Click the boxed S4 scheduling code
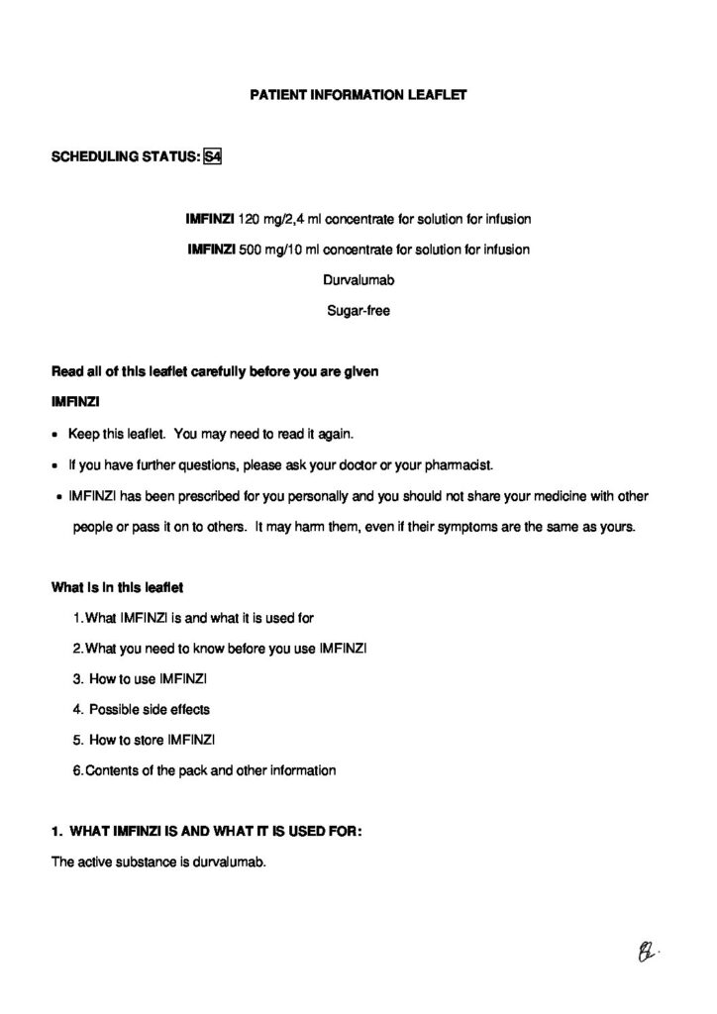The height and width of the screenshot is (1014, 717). pyautogui.click(x=211, y=156)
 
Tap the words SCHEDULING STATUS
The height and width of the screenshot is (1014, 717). pyautogui.click(x=123, y=156)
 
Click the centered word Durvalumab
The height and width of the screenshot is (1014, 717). pyautogui.click(x=358, y=279)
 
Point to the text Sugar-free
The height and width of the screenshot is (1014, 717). pyautogui.click(x=358, y=310)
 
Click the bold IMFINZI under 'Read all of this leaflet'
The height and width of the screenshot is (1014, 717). pyautogui.click(x=71, y=403)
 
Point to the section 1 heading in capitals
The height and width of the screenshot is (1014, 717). pyautogui.click(x=206, y=831)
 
